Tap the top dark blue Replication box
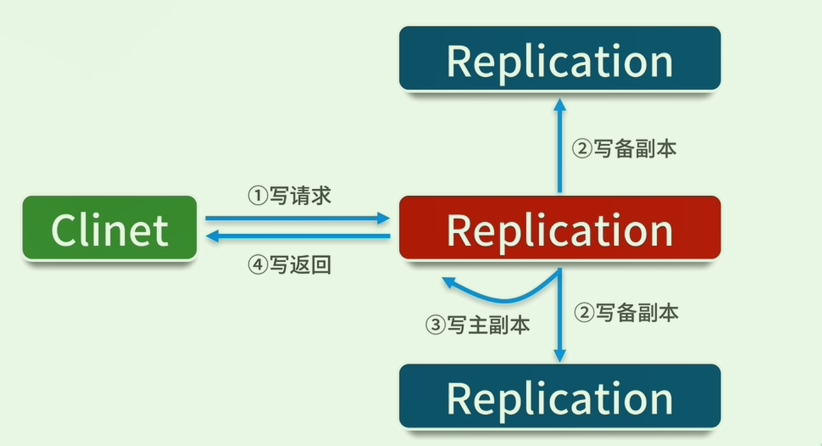click(559, 58)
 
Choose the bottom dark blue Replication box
click(559, 396)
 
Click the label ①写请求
click(289, 196)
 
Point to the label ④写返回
click(289, 265)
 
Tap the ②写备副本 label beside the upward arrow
click(624, 149)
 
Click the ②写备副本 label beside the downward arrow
click(626, 312)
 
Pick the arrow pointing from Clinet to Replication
click(297, 218)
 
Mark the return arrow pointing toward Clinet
click(297, 236)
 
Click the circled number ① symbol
click(257, 196)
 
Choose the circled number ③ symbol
click(434, 325)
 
